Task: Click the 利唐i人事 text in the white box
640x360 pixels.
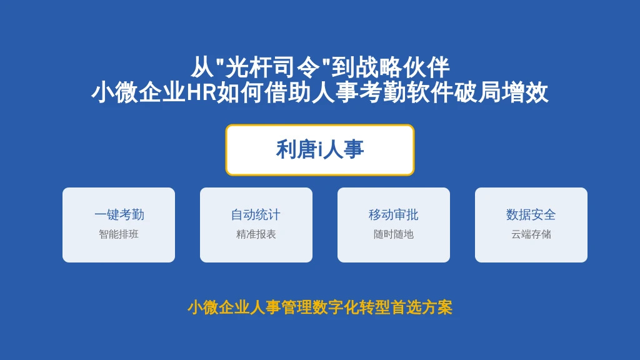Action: coord(320,149)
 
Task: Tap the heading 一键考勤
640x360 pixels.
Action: coord(119,215)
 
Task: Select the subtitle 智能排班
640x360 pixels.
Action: coord(119,234)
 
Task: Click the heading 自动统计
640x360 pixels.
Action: coord(256,215)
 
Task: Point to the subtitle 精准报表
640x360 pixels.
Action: coord(256,234)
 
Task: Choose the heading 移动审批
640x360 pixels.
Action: coord(394,215)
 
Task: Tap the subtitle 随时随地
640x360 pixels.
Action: coord(394,234)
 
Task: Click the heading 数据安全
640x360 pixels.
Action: coord(531,215)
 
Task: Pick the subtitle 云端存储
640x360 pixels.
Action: coord(531,234)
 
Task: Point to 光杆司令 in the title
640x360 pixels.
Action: coord(272,67)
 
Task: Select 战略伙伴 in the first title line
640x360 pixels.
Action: coord(402,67)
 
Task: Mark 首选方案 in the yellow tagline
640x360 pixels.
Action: coord(422,307)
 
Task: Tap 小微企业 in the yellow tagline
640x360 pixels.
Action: coord(218,307)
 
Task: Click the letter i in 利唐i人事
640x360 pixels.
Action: coord(321,150)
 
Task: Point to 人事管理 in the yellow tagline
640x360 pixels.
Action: coord(281,307)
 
